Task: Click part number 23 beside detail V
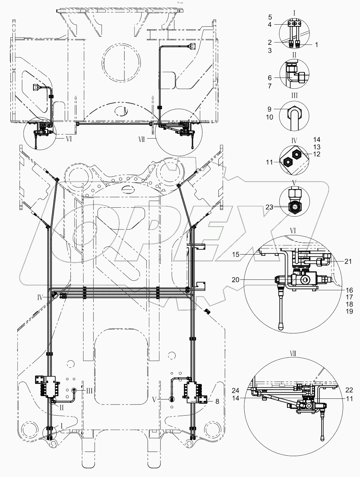click(269, 207)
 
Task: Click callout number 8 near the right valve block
click(217, 401)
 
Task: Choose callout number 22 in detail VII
click(349, 390)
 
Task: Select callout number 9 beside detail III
click(270, 109)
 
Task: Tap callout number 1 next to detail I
click(316, 44)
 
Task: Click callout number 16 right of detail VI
click(349, 290)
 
